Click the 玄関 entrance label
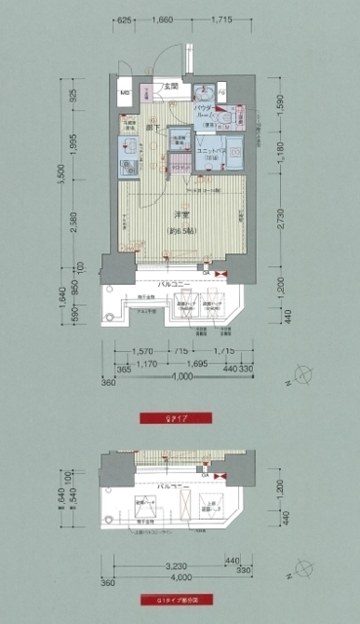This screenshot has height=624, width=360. (170, 87)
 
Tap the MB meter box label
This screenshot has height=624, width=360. (125, 95)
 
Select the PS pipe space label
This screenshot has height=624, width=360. (221, 94)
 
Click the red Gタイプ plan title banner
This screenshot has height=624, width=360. (179, 418)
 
